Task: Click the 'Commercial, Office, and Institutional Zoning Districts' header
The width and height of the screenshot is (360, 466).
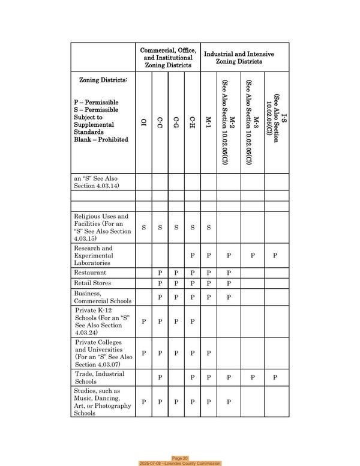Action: click(x=167, y=58)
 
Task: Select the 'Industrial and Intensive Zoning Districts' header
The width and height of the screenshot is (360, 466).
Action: click(x=239, y=58)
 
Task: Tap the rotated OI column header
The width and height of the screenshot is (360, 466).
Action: click(x=143, y=123)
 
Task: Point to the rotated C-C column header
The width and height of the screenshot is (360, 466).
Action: click(x=160, y=123)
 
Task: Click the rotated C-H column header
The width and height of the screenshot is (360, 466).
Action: click(x=192, y=123)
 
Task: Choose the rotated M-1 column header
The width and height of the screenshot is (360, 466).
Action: click(x=208, y=123)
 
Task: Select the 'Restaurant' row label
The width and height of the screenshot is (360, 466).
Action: click(x=90, y=272)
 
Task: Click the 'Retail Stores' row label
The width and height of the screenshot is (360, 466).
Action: click(x=92, y=283)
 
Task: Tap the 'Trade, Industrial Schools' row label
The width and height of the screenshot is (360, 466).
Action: click(x=99, y=377)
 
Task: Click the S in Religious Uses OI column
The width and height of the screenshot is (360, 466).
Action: click(x=143, y=228)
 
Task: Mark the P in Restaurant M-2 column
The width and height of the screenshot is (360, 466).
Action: click(x=229, y=273)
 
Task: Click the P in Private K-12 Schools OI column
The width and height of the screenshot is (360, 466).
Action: click(x=143, y=321)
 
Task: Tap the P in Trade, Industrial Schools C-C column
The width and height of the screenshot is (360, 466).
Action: click(x=160, y=378)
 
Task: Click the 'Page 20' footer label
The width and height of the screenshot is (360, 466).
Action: click(x=180, y=458)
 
